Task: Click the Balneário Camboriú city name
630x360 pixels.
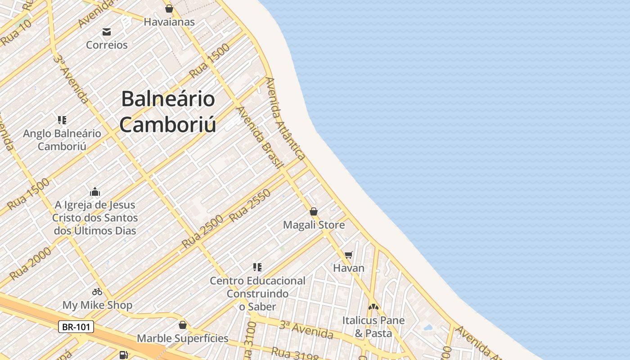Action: (x=168, y=112)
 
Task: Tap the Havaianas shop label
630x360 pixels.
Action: (x=169, y=22)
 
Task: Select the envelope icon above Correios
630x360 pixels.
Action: (x=107, y=32)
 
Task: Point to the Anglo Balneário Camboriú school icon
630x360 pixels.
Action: (x=62, y=120)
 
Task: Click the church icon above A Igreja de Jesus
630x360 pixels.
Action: (x=95, y=192)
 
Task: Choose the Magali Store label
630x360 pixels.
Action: (x=314, y=225)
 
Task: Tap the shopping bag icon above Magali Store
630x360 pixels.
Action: (x=314, y=211)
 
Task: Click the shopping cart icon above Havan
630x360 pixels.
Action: (x=348, y=255)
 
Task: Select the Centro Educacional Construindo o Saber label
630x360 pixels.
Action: (x=257, y=293)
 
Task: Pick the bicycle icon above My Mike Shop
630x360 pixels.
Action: (x=97, y=292)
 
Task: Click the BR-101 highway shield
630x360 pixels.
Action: (x=76, y=327)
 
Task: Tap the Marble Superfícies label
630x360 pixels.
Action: (x=182, y=338)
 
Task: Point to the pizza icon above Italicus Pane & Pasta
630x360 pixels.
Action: (x=373, y=307)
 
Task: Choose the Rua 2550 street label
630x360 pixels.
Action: (x=250, y=205)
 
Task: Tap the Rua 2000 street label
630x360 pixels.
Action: (x=31, y=264)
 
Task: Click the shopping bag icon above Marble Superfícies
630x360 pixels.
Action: (x=182, y=325)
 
